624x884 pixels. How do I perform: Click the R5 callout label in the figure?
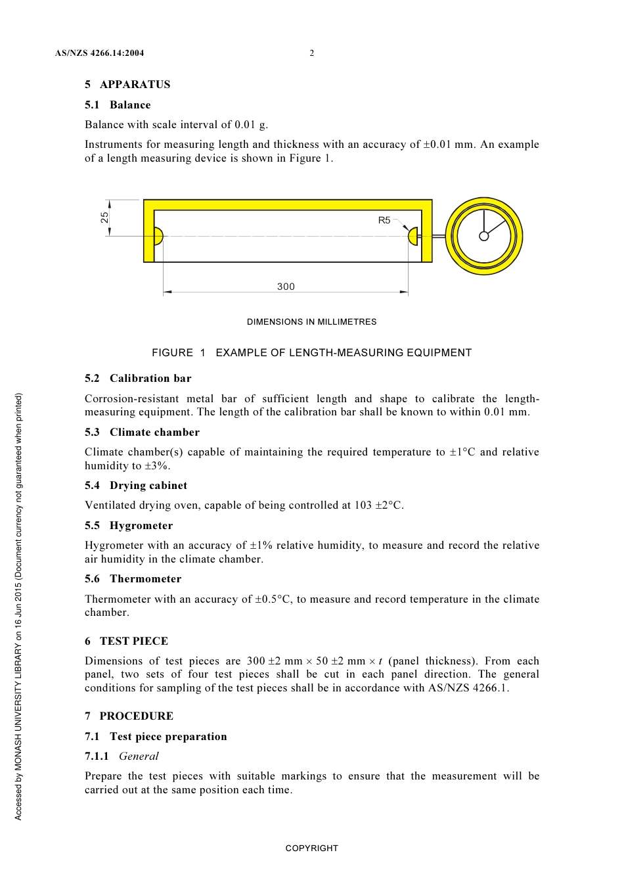[x=384, y=220]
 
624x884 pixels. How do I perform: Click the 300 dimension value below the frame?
[x=286, y=287]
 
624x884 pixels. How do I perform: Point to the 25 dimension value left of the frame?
[x=104, y=218]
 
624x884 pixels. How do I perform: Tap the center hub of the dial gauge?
[x=484, y=236]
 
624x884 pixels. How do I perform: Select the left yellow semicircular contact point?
[x=158, y=236]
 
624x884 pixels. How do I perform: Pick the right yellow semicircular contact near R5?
[x=413, y=236]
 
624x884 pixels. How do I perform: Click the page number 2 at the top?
[x=312, y=53]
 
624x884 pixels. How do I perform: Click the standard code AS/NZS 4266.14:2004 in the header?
[x=99, y=53]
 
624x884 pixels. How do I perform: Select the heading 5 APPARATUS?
[x=127, y=84]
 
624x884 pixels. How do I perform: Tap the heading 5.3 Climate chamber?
[x=142, y=432]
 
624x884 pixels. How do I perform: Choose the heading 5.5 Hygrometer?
[x=129, y=525]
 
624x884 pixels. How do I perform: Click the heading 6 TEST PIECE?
[x=126, y=641]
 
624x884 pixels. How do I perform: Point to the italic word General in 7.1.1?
[x=139, y=756]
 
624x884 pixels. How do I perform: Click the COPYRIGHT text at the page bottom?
[x=311, y=848]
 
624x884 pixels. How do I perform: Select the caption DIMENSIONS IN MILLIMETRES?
[x=311, y=322]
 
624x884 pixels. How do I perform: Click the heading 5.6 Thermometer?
[x=133, y=578]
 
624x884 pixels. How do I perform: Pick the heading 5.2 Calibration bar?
[x=138, y=378]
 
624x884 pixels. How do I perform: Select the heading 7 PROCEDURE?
[x=129, y=716]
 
